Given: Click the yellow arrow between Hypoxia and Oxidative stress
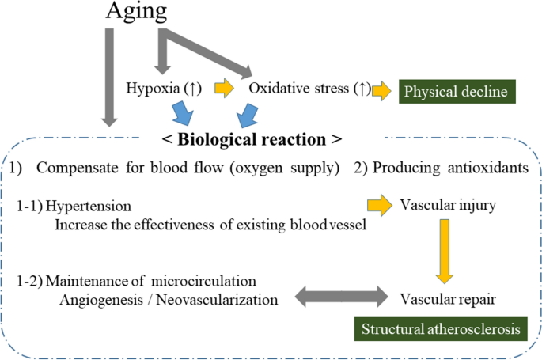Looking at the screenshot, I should tap(225, 89).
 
